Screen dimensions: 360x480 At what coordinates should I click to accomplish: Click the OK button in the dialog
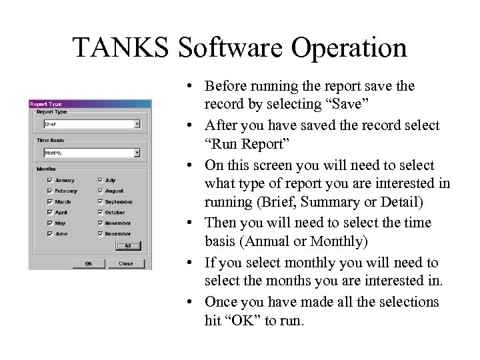coord(89,263)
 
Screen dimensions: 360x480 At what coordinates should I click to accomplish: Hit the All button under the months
coord(127,246)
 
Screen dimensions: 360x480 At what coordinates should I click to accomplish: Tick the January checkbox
coord(50,180)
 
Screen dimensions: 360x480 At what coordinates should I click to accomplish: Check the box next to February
coord(50,191)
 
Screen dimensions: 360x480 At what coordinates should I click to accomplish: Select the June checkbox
coord(50,234)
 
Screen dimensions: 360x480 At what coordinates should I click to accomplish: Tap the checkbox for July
coord(100,180)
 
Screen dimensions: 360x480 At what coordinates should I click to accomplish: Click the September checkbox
coord(100,201)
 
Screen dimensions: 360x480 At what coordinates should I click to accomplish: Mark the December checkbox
coord(100,234)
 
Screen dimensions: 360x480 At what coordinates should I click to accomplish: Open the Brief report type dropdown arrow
coord(137,124)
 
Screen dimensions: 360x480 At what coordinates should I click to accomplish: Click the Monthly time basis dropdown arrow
coord(137,153)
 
